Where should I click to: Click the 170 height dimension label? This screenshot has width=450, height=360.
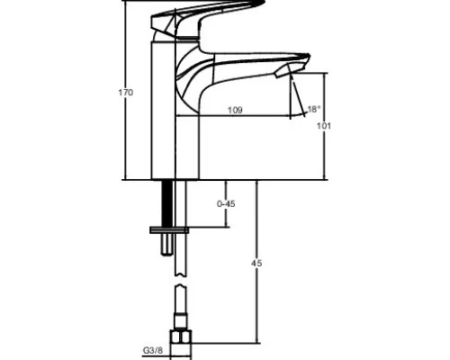point(125,93)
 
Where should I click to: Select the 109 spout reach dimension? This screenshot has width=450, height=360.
point(235,111)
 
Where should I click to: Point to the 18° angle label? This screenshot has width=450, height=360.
point(314,109)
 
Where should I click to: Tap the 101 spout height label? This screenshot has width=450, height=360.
point(324,126)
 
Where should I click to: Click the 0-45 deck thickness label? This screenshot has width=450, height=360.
point(226,204)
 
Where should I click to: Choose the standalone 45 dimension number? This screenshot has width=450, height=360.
point(256,264)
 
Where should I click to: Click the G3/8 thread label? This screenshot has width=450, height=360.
point(153,350)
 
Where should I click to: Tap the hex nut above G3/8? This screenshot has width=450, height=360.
point(181,337)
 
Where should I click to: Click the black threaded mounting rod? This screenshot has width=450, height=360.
point(167,203)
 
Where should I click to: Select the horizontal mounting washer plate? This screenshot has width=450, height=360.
point(169,230)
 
